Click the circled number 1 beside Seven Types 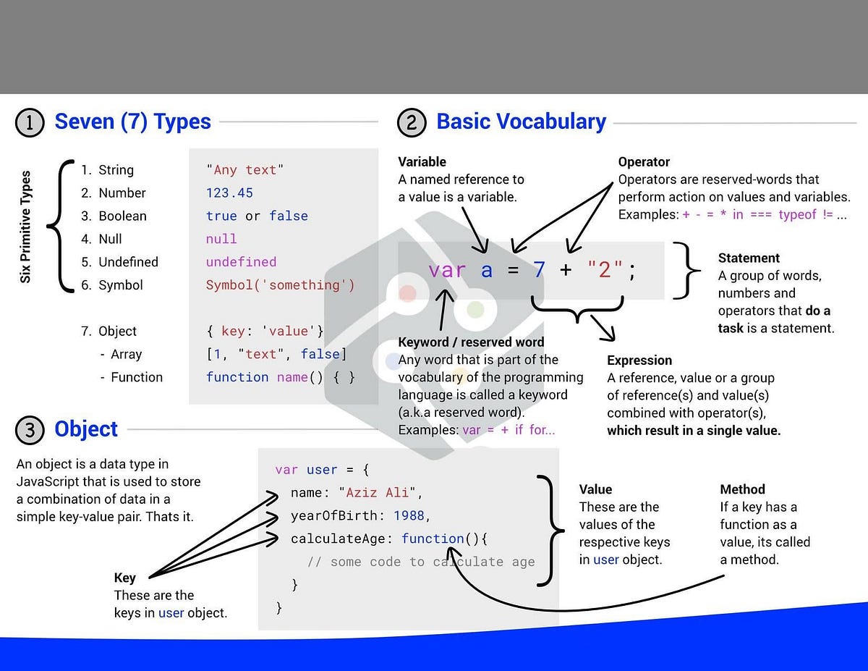pyautogui.click(x=30, y=122)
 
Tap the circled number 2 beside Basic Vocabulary pyautogui.click(x=412, y=122)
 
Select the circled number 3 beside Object pyautogui.click(x=30, y=430)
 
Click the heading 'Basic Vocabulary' pyautogui.click(x=521, y=122)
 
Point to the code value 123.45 pyautogui.click(x=229, y=193)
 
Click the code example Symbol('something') pyautogui.click(x=280, y=285)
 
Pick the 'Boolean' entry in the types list pyautogui.click(x=122, y=216)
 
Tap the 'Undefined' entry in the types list pyautogui.click(x=128, y=262)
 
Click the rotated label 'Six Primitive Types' pyautogui.click(x=26, y=227)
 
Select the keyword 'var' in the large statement pyautogui.click(x=447, y=271)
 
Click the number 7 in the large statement pyautogui.click(x=539, y=271)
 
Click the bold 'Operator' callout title pyautogui.click(x=644, y=162)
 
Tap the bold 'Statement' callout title pyautogui.click(x=749, y=258)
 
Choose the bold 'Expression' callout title pyautogui.click(x=639, y=360)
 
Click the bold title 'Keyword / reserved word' pyautogui.click(x=471, y=342)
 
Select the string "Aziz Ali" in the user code pyautogui.click(x=380, y=493)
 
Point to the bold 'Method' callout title pyautogui.click(x=742, y=490)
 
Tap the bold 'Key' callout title pyautogui.click(x=124, y=578)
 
